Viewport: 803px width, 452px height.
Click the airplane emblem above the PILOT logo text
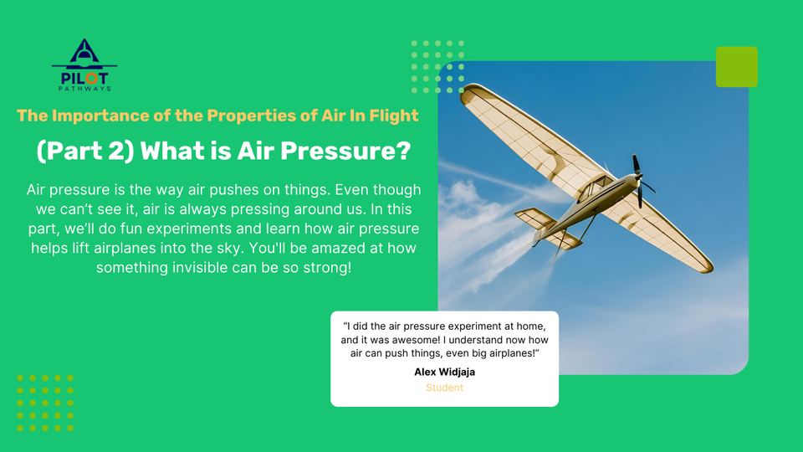pyautogui.click(x=84, y=53)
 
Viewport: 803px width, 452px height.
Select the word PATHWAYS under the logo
pyautogui.click(x=84, y=87)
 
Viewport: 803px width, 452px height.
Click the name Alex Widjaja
pyautogui.click(x=444, y=372)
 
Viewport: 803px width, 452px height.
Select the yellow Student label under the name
pyautogui.click(x=444, y=388)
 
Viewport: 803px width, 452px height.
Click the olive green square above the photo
pyautogui.click(x=736, y=67)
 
